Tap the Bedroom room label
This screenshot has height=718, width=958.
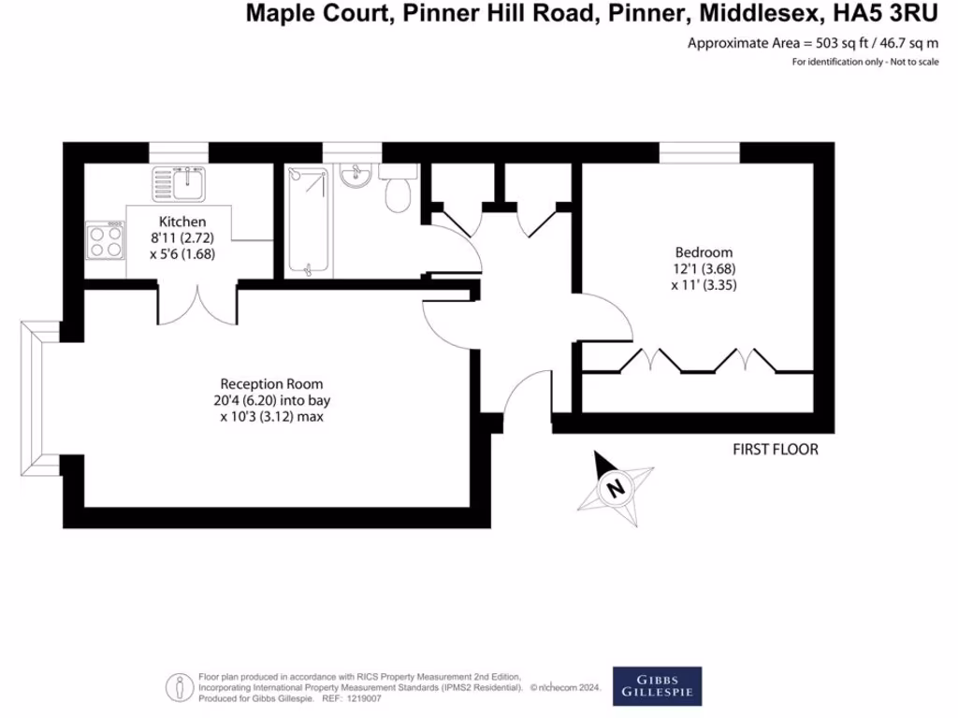(x=704, y=252)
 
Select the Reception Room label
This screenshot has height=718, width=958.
(x=271, y=383)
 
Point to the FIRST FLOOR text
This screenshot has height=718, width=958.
(x=775, y=450)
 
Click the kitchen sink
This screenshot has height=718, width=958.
(x=178, y=182)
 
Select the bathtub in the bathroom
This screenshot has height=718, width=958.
(x=308, y=222)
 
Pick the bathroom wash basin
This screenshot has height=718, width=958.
(x=356, y=176)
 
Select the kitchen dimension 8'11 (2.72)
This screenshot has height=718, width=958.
(x=181, y=237)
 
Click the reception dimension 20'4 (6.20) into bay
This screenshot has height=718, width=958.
(x=271, y=400)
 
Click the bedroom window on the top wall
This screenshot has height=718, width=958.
(x=701, y=151)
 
